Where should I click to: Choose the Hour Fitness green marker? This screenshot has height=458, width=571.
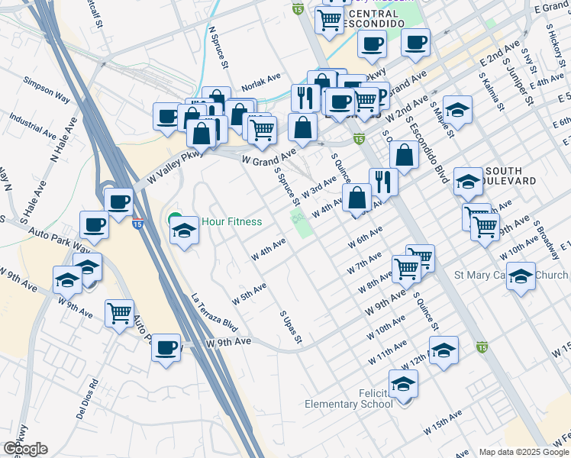[175, 221]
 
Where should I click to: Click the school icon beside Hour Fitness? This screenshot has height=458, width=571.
[184, 230]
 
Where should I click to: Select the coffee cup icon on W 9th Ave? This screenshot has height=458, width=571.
[166, 348]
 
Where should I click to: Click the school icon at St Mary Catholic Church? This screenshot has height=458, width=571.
[521, 276]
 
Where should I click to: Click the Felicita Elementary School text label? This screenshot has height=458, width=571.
[348, 398]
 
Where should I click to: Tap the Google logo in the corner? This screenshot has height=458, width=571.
[25, 449]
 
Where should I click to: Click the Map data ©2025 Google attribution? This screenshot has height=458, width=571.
[524, 452]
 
